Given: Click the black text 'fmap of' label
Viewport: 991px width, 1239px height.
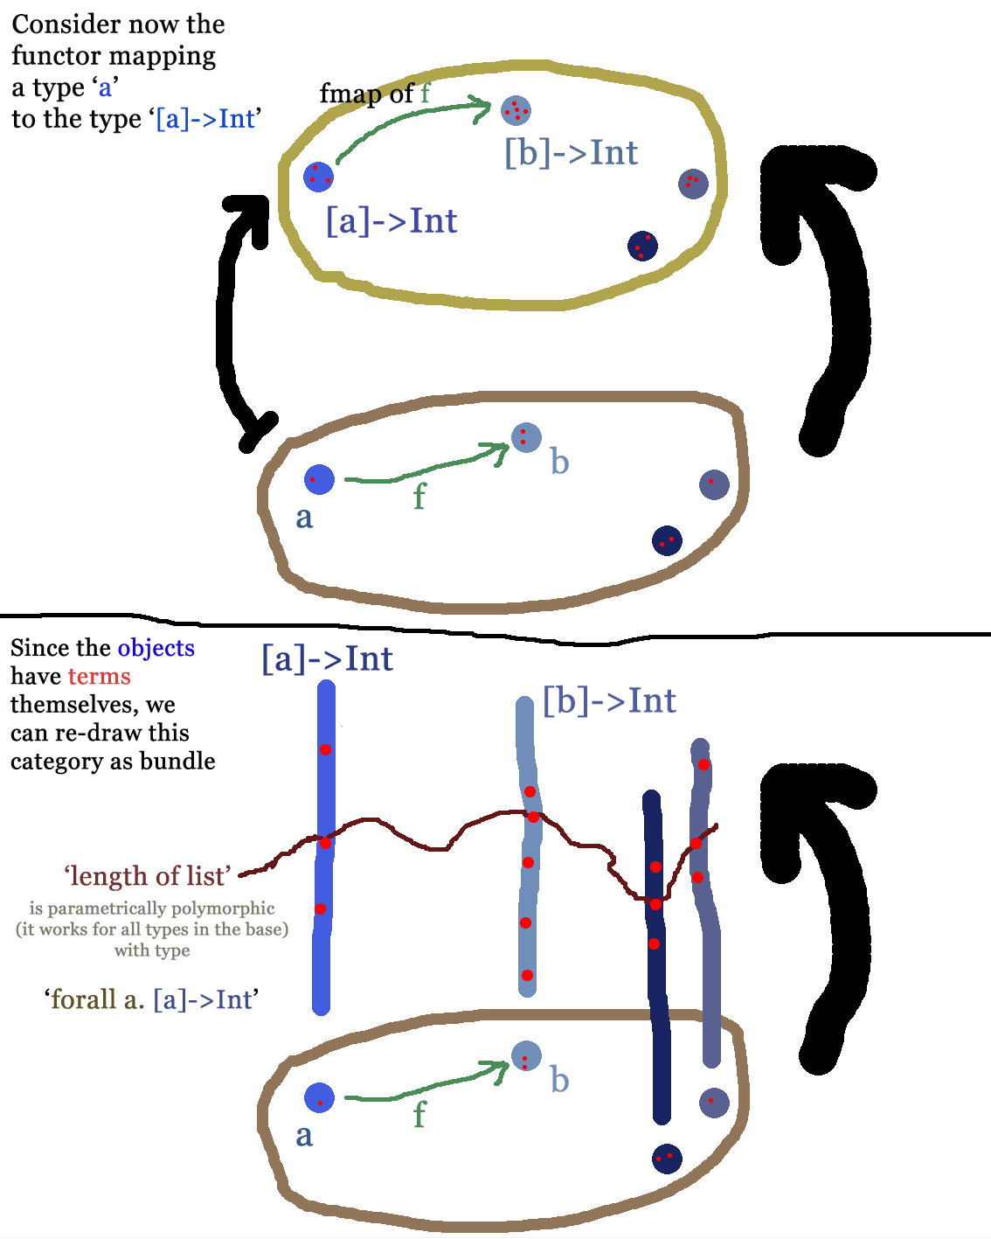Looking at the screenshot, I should pos(366,93).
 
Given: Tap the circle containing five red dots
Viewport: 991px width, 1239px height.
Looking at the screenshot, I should pos(516,110).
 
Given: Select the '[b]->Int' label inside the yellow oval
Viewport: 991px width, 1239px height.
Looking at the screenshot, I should pos(571,153).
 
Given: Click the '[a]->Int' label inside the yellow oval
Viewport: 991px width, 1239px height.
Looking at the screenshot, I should pos(391,220).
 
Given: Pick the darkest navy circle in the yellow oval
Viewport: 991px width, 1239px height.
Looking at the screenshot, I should pos(642,246).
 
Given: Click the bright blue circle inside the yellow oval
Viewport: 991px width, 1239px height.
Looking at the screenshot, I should pos(318,177).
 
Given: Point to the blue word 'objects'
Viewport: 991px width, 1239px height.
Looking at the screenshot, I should pos(156,648).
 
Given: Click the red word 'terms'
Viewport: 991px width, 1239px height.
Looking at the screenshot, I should pos(99,676).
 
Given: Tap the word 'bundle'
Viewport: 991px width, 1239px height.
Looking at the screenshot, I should pos(177,761).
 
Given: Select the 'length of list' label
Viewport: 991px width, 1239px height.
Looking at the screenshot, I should pos(148,875).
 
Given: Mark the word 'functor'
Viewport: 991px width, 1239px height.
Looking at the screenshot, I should pos(50,56).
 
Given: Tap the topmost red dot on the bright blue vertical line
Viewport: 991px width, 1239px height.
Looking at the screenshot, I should pos(325,749).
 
